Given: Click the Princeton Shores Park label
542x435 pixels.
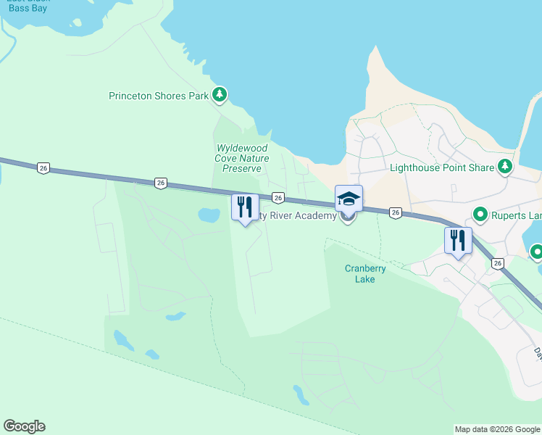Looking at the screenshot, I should pyautogui.click(x=158, y=95).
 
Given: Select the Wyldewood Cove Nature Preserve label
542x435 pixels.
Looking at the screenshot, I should pyautogui.click(x=242, y=158).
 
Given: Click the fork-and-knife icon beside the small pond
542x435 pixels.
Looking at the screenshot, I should pyautogui.click(x=245, y=207).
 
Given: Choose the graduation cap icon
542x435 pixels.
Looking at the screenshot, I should pyautogui.click(x=349, y=199).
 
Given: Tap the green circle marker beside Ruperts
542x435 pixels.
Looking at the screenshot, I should pyautogui.click(x=480, y=215).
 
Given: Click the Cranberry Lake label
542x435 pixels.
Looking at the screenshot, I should pyautogui.click(x=365, y=273).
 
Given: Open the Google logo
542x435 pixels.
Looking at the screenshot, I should pyautogui.click(x=24, y=426).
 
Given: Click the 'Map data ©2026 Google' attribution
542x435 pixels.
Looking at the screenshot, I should pyautogui.click(x=497, y=429).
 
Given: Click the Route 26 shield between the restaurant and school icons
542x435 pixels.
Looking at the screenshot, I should pyautogui.click(x=278, y=197).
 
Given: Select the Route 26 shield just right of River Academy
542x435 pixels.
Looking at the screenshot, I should pyautogui.click(x=395, y=212).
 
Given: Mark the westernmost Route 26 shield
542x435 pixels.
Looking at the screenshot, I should pyautogui.click(x=43, y=168).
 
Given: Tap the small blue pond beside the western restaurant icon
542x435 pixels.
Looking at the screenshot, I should pyautogui.click(x=209, y=215).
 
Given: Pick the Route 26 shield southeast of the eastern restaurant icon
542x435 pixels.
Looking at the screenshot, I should pyautogui.click(x=497, y=264).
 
